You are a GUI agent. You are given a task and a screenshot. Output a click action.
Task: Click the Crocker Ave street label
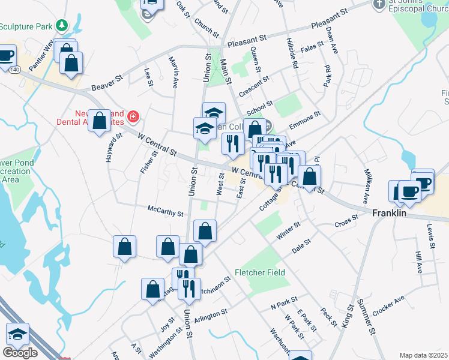(x=388, y=306)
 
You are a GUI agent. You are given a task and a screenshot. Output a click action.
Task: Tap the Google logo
(x=20, y=353)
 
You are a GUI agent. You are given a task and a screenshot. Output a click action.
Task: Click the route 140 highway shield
(x=12, y=70)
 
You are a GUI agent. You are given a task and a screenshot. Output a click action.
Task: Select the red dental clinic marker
(x=133, y=116)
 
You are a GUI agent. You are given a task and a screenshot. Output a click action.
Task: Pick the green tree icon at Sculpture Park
(x=61, y=26)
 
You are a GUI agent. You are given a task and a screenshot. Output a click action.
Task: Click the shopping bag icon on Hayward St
(x=100, y=121)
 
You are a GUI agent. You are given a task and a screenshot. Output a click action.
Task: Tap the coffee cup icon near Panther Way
(x=5, y=56)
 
